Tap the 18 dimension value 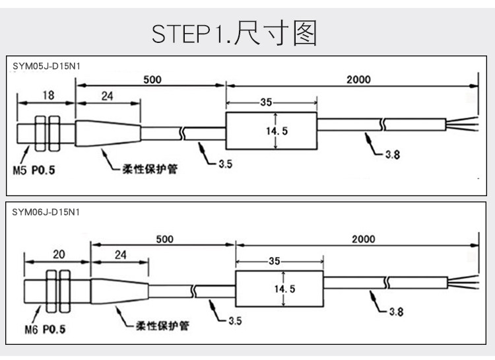[x=48, y=95]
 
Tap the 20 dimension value [x=57, y=254]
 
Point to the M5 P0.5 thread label [x=34, y=170]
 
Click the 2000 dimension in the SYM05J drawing [x=358, y=80]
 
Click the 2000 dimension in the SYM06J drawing [x=363, y=239]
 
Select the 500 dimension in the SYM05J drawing [x=152, y=80]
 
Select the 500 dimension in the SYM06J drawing [x=165, y=239]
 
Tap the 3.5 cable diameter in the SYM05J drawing [x=225, y=164]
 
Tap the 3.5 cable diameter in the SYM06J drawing [x=234, y=321]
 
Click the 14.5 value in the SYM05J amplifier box [x=277, y=131]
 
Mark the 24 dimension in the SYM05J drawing [x=108, y=95]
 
